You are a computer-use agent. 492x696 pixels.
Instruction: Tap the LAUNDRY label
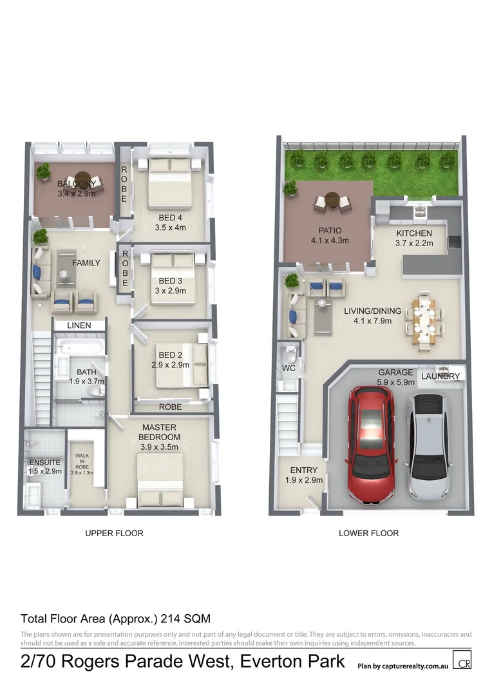pos(441,376)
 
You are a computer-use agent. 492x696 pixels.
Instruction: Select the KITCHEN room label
pos(414,233)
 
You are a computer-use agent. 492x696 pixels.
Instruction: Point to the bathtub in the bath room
pos(80,349)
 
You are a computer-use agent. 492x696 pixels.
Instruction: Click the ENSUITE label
pos(44,462)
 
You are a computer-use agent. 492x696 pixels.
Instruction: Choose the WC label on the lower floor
pos(289,368)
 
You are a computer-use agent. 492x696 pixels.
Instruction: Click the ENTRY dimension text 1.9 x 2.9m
pos(304,480)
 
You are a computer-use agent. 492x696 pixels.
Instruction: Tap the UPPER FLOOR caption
pos(115,533)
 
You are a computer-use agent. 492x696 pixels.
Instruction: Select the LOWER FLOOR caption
pos(369,533)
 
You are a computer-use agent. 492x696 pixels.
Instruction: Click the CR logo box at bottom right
pos(462,661)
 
